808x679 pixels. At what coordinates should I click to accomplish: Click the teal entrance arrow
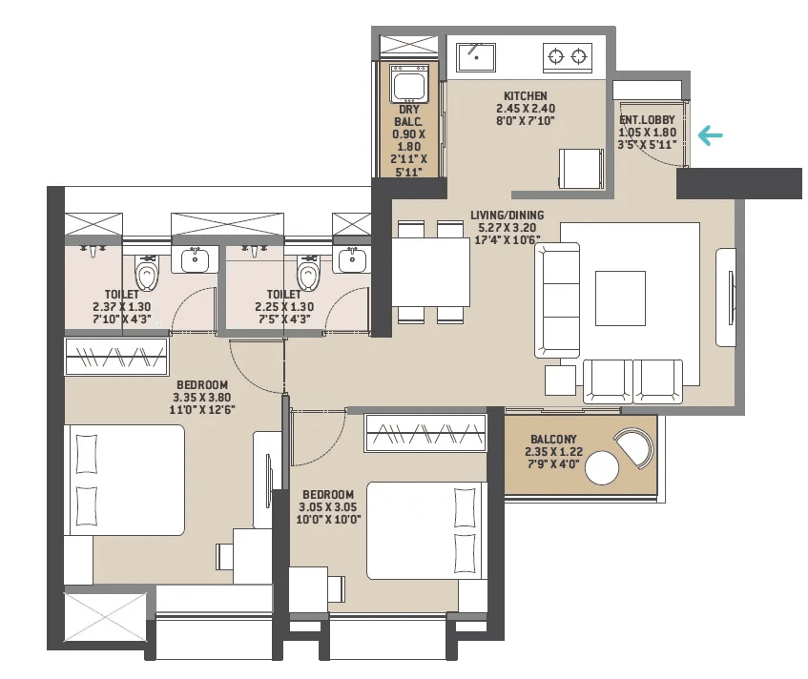pos(711,135)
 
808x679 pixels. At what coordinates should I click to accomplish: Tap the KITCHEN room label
pos(525,95)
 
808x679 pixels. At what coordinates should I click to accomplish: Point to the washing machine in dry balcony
pos(410,86)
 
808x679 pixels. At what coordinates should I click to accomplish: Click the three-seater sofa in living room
pos(557,299)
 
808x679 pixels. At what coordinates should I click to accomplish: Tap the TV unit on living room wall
pos(726,298)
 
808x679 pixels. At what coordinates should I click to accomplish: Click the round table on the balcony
pos(603,468)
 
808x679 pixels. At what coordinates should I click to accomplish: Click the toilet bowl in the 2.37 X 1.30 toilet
pos(147,275)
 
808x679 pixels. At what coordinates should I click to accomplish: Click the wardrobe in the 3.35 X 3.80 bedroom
pos(116,358)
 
